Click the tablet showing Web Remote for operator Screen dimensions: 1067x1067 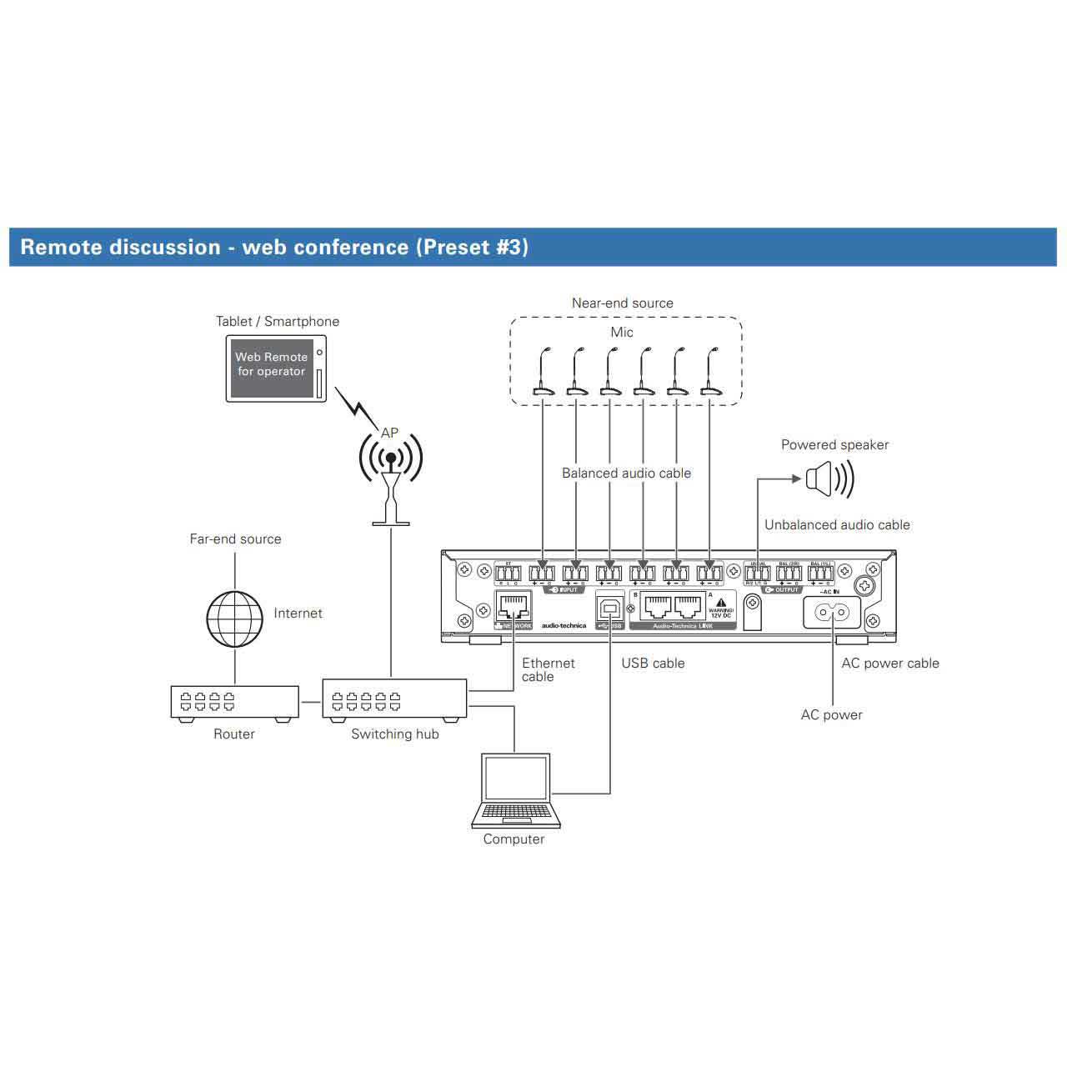point(276,368)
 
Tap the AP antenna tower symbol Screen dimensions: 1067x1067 point(390,483)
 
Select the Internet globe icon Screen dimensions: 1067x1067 point(234,619)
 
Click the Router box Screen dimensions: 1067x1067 point(234,703)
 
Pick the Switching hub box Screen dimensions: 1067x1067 point(394,701)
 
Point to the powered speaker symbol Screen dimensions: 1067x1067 point(829,479)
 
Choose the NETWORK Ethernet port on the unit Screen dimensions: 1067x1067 point(513,607)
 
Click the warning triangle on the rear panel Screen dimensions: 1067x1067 point(721,603)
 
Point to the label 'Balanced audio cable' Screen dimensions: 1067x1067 point(626,473)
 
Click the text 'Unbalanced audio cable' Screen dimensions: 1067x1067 point(837,525)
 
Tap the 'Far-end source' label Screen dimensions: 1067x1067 point(235,539)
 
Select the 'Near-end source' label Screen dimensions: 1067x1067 point(622,303)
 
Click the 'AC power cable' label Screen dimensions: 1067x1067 point(889,664)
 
